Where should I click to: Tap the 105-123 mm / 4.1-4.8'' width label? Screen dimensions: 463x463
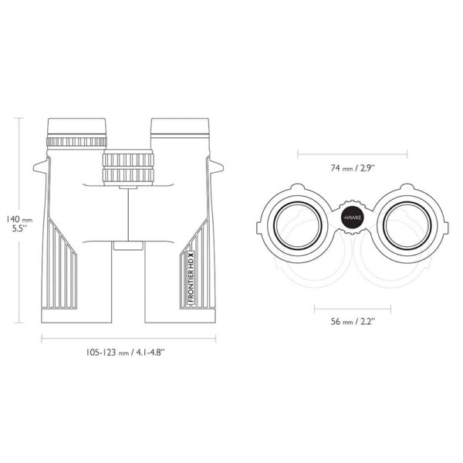click(x=125, y=353)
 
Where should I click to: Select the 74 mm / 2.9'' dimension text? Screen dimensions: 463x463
click(x=353, y=168)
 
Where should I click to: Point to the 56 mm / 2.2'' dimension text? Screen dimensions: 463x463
click(x=353, y=321)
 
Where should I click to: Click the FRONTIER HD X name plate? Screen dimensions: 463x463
click(x=191, y=277)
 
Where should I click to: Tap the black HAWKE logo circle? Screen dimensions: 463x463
click(x=353, y=218)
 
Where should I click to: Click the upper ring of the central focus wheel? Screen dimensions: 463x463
click(x=128, y=160)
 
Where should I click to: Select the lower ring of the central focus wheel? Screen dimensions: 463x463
click(x=128, y=175)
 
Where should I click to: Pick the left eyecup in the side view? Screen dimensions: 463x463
click(x=76, y=127)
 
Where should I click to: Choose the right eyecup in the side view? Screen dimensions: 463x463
click(x=180, y=127)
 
